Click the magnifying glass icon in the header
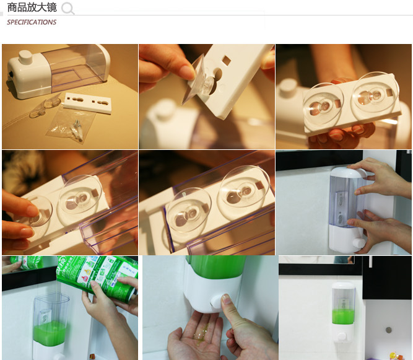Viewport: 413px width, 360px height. pyautogui.click(x=67, y=8)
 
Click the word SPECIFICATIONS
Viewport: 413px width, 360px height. pyautogui.click(x=32, y=22)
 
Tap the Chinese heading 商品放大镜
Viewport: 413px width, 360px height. pyautogui.click(x=32, y=7)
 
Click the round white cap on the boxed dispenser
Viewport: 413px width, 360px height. pyautogui.click(x=25, y=56)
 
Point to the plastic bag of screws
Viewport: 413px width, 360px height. pyautogui.click(x=71, y=124)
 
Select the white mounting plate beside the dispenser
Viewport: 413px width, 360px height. pyautogui.click(x=88, y=103)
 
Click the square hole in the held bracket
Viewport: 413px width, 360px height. pyautogui.click(x=226, y=60)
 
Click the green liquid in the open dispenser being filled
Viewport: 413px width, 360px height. pyautogui.click(x=50, y=333)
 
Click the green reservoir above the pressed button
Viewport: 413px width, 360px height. pyautogui.click(x=216, y=267)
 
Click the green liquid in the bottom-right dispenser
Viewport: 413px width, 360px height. pyautogui.click(x=343, y=317)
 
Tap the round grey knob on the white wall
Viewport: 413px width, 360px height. pyautogui.click(x=388, y=330)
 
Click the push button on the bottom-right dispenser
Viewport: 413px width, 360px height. pyautogui.click(x=342, y=337)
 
